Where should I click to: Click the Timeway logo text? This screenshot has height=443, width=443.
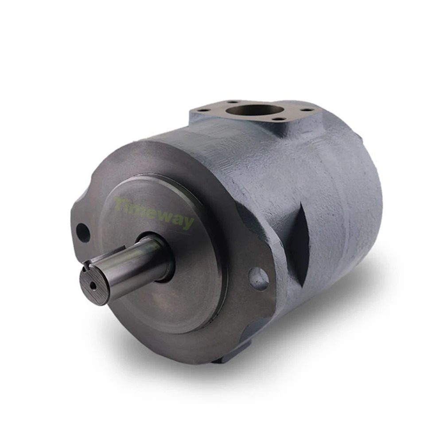(x=154, y=213)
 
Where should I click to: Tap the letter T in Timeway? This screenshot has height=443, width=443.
(x=120, y=203)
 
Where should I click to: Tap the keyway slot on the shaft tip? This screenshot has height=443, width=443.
(x=86, y=264)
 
